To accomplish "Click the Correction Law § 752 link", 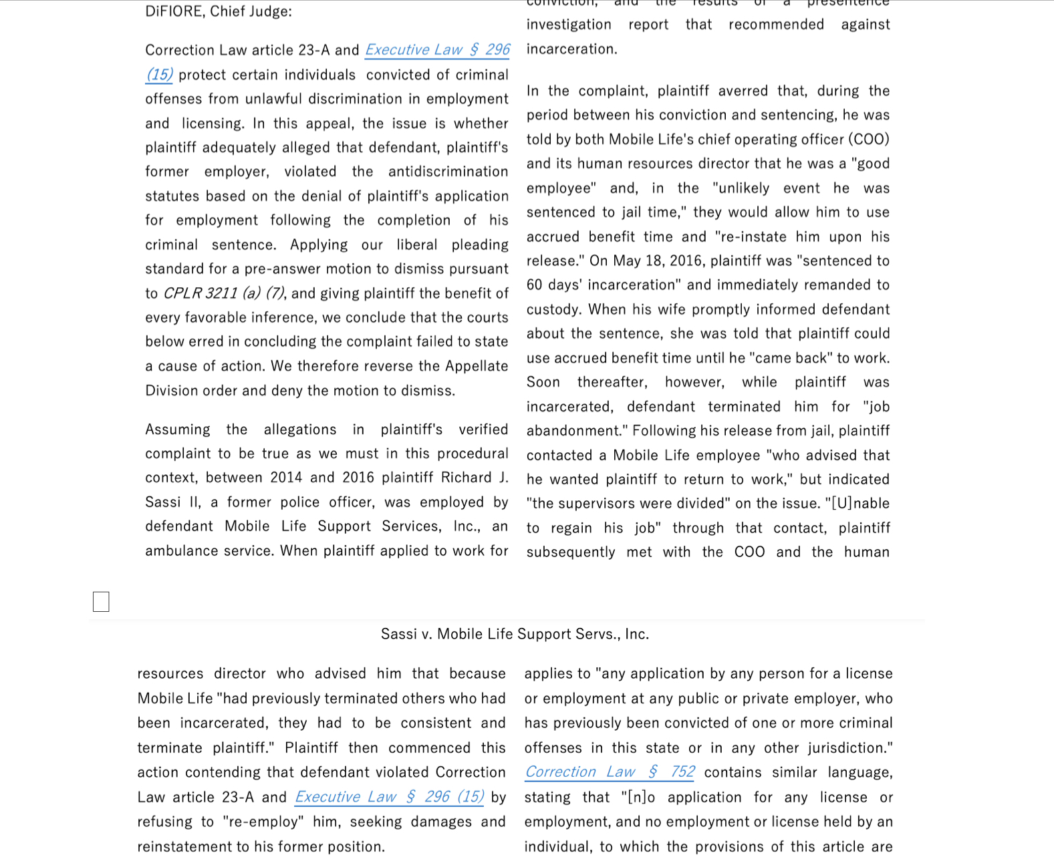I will [x=610, y=772].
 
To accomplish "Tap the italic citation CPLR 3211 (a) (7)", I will [x=224, y=293].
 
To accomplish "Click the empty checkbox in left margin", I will [x=101, y=601].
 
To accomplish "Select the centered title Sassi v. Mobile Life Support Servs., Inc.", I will [x=515, y=634].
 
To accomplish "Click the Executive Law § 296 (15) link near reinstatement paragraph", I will [x=389, y=797].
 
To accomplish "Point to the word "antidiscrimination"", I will [x=448, y=172].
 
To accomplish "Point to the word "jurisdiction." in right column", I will [x=849, y=748].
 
